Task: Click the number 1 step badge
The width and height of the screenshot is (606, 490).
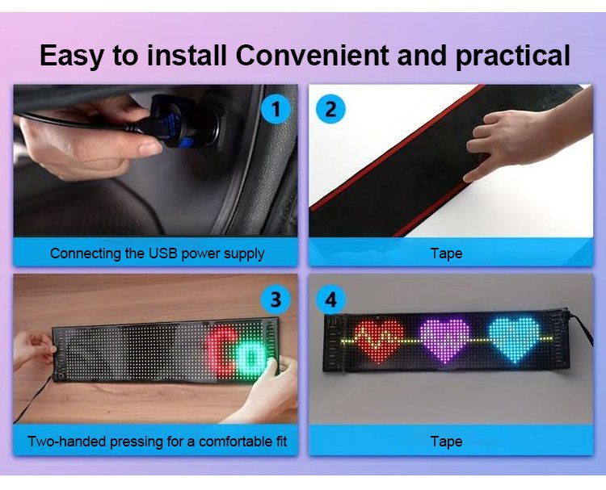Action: [x=276, y=109]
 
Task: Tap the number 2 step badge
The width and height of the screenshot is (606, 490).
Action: [x=330, y=109]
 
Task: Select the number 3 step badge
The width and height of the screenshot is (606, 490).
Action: [x=276, y=299]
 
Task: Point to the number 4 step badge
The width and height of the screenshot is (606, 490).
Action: [x=330, y=299]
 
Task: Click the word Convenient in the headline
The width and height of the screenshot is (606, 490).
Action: [x=312, y=55]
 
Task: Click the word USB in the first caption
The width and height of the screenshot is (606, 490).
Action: [x=162, y=253]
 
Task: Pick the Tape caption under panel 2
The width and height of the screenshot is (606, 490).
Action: [x=446, y=253]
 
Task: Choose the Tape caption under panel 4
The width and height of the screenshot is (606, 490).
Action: [x=446, y=442]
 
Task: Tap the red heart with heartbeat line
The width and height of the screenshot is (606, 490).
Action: [x=378, y=341]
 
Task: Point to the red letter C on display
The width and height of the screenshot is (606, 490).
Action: [x=219, y=351]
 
